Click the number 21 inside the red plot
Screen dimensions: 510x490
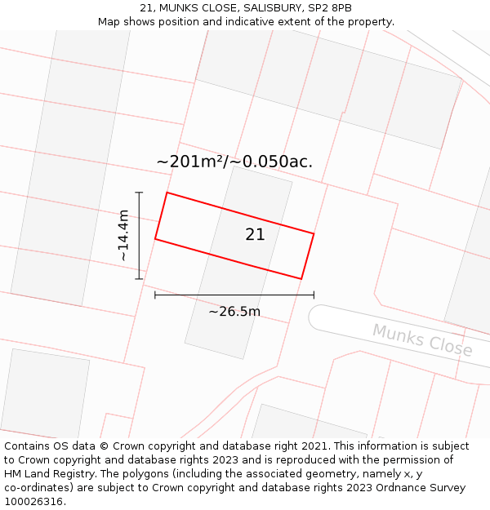pyautogui.click(x=255, y=234)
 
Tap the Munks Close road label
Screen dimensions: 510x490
pyautogui.click(x=422, y=339)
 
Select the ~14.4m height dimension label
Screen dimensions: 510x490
pyautogui.click(x=123, y=235)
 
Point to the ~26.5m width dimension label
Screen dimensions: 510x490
pyautogui.click(x=234, y=311)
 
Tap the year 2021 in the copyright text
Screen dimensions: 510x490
pyautogui.click(x=311, y=446)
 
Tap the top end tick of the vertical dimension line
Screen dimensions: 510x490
pyautogui.click(x=140, y=193)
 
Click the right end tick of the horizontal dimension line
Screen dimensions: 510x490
pyautogui.click(x=314, y=295)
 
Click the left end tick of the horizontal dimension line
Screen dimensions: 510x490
pyautogui.click(x=155, y=295)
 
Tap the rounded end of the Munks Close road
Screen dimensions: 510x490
pyautogui.click(x=317, y=317)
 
